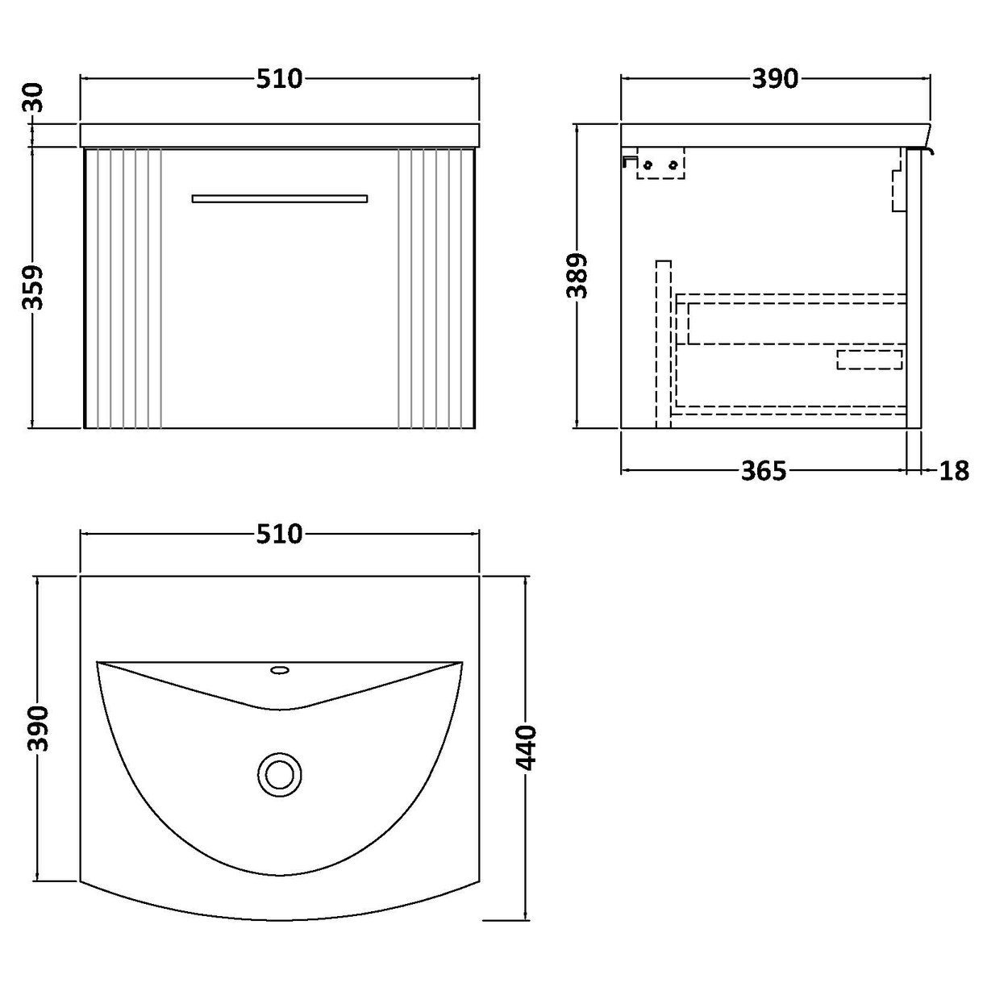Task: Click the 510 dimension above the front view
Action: (279, 78)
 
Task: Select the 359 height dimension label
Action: (32, 289)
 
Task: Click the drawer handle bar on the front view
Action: (279, 198)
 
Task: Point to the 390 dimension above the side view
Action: (774, 78)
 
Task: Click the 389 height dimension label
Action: (578, 277)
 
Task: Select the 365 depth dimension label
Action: (763, 470)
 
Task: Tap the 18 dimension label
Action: (954, 470)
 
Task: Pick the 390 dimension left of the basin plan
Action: (38, 728)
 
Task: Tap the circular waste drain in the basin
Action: (280, 774)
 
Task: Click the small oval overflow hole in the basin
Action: (280, 669)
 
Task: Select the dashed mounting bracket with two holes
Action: (660, 164)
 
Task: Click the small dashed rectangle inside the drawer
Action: (869, 360)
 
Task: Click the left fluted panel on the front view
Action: (123, 288)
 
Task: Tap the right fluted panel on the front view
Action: (436, 288)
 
